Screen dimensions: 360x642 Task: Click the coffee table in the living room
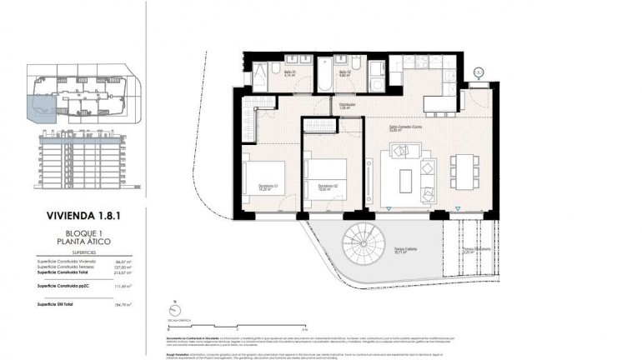click(406, 179)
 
